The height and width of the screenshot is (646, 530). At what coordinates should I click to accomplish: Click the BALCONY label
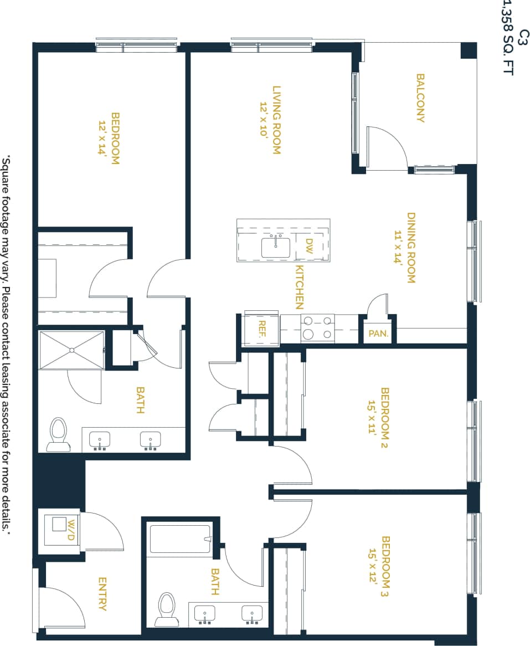pos(420,98)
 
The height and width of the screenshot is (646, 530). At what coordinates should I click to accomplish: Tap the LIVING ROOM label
pos(276,120)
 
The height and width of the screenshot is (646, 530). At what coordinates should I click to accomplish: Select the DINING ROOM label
pos(411,248)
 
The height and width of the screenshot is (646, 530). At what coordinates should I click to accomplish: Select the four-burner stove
pos(318,327)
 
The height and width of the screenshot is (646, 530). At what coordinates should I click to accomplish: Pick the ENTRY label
pos(102,594)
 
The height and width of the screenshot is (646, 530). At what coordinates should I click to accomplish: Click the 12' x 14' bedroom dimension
pos(102,135)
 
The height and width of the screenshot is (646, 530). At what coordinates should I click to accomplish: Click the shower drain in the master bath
pos(71,350)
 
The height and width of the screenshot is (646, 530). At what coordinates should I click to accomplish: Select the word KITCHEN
pos(299,287)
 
